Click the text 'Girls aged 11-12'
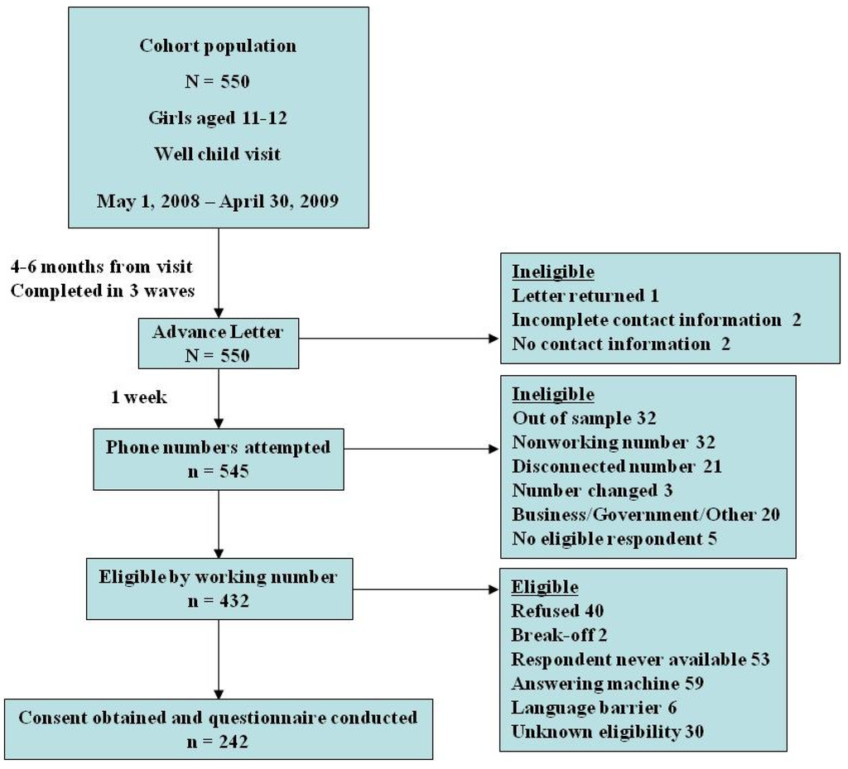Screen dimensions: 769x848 217,118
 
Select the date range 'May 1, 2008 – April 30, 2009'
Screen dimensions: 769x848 217,201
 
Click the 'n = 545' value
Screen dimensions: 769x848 217,472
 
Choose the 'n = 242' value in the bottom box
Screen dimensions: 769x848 217,741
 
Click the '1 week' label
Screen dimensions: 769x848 139,398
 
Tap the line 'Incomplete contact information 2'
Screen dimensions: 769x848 656,320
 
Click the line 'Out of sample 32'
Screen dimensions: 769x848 584,418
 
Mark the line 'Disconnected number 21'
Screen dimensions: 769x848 616,467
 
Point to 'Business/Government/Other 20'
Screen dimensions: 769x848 645,515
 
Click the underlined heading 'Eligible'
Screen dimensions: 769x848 544,588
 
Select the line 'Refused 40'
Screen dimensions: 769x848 557,612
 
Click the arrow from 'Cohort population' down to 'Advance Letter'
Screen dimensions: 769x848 218,273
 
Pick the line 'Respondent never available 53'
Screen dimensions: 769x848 640,660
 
